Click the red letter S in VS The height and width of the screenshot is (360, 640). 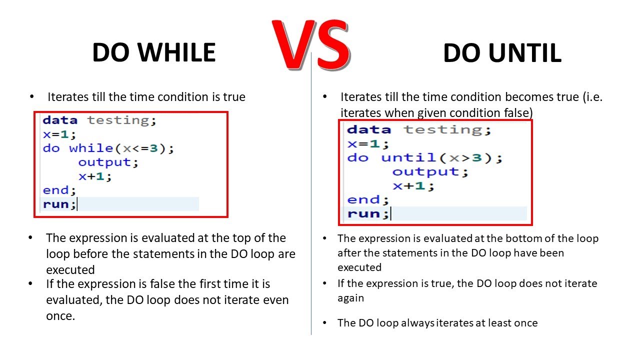point(333,45)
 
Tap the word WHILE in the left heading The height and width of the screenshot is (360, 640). point(176,52)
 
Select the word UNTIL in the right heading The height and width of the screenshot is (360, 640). point(525,53)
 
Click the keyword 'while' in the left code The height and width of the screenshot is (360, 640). point(91,148)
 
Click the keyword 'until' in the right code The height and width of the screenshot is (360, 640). point(408,157)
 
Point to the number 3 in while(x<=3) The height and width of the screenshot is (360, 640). point(153,148)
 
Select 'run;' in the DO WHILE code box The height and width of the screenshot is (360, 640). point(59,204)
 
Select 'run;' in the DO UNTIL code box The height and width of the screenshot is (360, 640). point(368,213)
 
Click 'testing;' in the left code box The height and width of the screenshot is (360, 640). point(121,120)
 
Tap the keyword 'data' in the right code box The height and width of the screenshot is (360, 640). point(369,129)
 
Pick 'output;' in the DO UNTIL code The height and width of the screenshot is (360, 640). point(430,171)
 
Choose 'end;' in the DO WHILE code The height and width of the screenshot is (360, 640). point(59,190)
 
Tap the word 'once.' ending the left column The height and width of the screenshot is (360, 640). point(60,316)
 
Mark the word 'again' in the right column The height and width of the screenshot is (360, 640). point(350,298)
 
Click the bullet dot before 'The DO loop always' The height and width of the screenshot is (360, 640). point(324,323)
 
